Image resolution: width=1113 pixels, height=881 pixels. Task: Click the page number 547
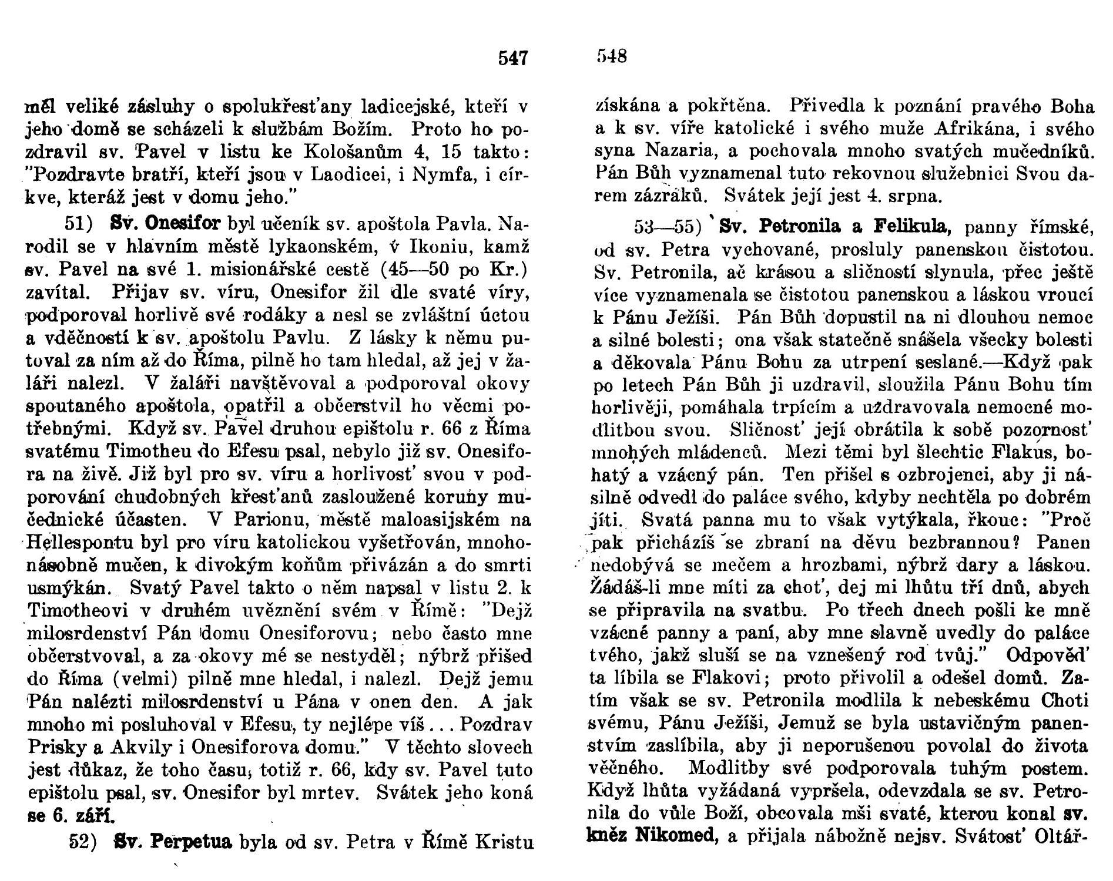coord(513,58)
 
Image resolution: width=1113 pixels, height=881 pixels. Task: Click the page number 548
coord(612,57)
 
